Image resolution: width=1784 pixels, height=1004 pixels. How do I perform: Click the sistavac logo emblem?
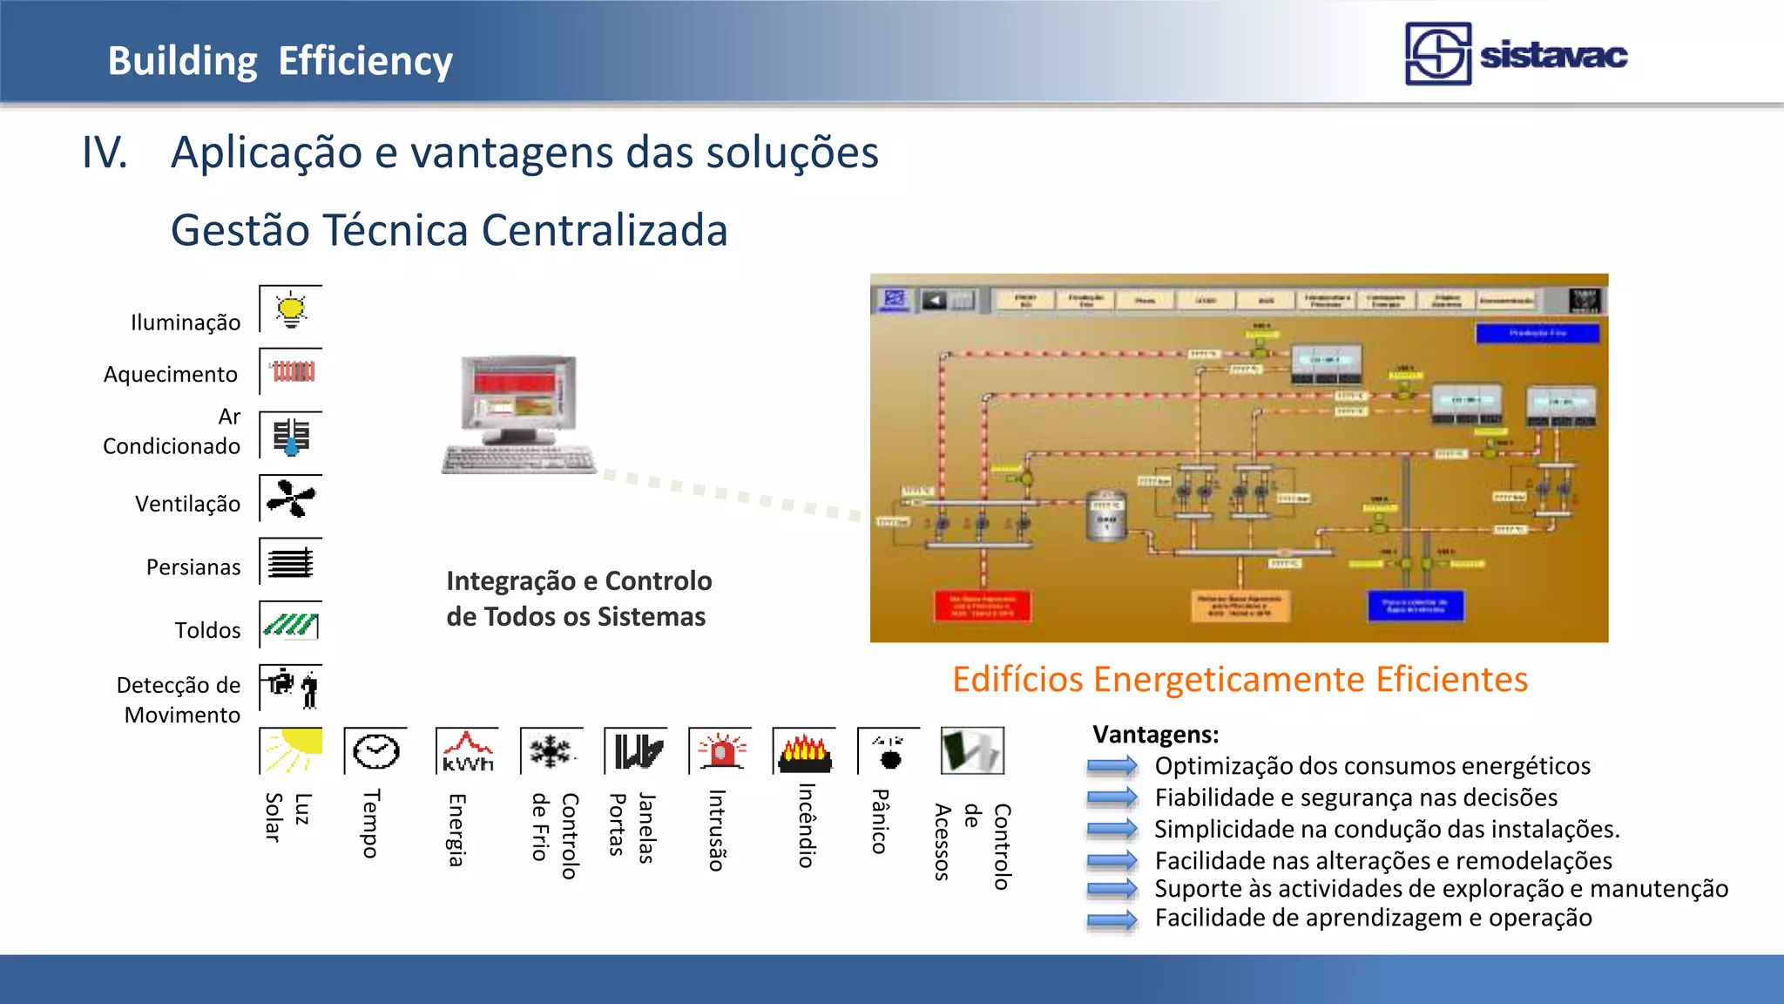point(1437,54)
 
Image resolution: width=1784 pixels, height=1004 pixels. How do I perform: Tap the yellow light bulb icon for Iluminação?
point(291,310)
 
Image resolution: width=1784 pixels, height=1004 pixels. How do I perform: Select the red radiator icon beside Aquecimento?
point(293,372)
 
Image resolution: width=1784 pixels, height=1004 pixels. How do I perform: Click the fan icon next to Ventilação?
point(291,499)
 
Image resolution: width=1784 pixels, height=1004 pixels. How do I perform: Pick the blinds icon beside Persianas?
point(291,562)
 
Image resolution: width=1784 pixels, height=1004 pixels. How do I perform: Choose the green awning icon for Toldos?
point(291,625)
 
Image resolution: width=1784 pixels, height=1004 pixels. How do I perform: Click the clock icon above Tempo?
point(375,750)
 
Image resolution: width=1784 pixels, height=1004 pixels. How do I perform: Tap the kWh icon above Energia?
point(468,751)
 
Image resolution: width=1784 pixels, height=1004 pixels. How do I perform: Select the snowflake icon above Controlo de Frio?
point(551,750)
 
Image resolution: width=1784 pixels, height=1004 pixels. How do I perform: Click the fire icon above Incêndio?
point(804,751)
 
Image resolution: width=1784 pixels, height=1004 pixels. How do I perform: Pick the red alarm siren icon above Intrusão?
point(720,750)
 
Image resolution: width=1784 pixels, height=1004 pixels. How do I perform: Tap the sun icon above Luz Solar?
point(292,750)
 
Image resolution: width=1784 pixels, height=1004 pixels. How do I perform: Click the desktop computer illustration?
point(519,413)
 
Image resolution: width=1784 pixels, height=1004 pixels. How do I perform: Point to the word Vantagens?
point(1155,735)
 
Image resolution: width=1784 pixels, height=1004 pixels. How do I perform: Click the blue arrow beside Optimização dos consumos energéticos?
point(1112,766)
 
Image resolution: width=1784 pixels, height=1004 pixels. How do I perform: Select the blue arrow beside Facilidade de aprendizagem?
point(1112,919)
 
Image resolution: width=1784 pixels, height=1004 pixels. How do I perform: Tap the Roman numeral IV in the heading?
point(105,153)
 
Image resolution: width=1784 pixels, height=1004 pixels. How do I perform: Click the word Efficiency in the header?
point(366,61)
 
